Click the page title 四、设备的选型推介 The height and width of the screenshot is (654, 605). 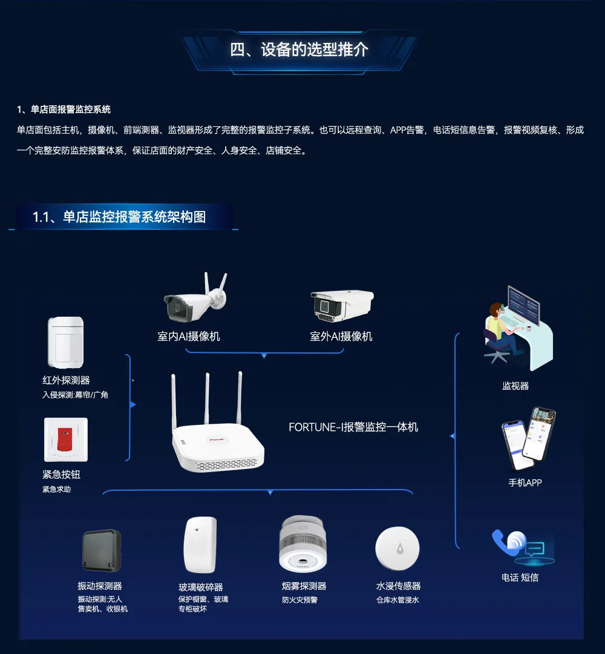[x=299, y=50]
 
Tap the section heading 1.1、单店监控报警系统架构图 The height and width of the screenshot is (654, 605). [x=119, y=217]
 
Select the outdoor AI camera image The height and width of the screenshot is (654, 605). [x=342, y=306]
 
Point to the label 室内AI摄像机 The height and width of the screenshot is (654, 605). [x=188, y=336]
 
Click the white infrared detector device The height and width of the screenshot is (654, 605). [x=65, y=343]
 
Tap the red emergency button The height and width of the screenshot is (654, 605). [x=66, y=439]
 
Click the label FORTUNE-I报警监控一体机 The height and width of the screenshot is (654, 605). [x=353, y=427]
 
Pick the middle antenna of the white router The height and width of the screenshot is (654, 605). [x=207, y=398]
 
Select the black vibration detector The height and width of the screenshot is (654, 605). [x=102, y=550]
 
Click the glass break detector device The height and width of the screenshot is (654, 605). [x=200, y=545]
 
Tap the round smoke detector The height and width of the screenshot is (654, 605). [x=302, y=544]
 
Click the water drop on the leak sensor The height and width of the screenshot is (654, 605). [x=399, y=548]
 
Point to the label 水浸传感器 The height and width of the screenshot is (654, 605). [x=398, y=586]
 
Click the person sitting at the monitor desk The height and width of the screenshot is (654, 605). [x=500, y=332]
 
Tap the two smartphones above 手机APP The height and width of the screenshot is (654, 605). [x=529, y=439]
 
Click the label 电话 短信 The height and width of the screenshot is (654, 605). [x=520, y=578]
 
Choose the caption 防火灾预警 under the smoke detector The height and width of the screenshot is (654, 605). [x=300, y=600]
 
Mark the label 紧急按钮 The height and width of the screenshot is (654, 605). [x=61, y=474]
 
